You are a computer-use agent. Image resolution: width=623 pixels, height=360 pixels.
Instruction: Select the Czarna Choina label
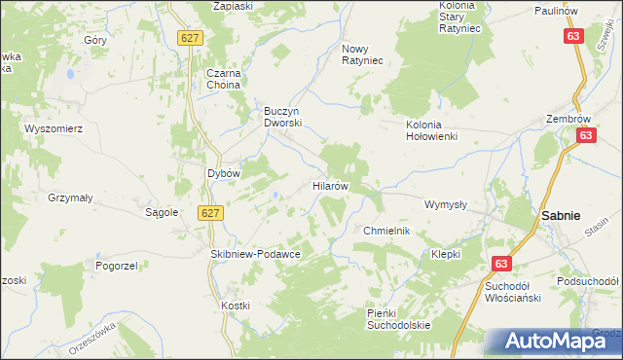(222, 78)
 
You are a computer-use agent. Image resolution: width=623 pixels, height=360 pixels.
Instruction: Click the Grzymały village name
(70, 197)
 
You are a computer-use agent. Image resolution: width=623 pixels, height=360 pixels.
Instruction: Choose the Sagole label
(162, 211)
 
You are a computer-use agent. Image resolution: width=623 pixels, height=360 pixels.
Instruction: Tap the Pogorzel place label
(114, 265)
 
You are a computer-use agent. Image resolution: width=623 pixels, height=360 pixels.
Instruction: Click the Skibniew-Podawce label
(255, 253)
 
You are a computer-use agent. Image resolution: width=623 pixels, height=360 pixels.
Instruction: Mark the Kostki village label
(236, 306)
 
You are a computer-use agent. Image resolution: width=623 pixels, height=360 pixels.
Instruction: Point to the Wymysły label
(446, 204)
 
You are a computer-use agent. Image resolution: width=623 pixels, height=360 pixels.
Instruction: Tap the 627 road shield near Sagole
(210, 212)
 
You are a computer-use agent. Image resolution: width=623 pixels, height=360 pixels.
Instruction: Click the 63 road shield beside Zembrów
(585, 137)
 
